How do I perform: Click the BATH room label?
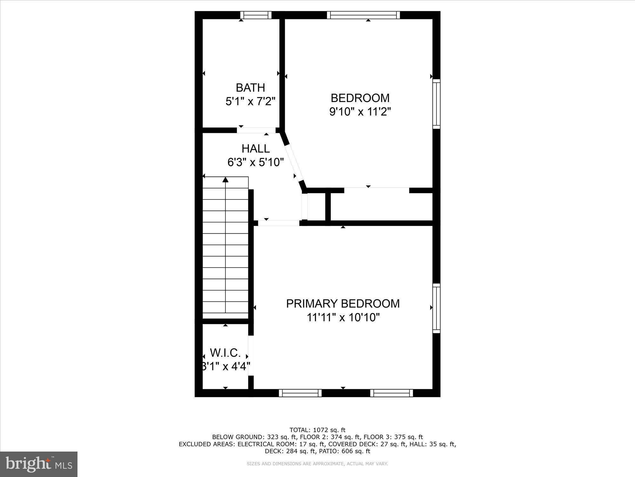click(x=250, y=87)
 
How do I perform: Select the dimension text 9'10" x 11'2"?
click(x=360, y=112)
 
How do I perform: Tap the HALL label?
click(x=256, y=149)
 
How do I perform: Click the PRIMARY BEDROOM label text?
click(x=343, y=304)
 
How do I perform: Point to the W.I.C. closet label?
click(x=225, y=353)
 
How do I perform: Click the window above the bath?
click(x=256, y=15)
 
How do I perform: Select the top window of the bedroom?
click(x=363, y=15)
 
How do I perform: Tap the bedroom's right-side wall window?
click(x=437, y=104)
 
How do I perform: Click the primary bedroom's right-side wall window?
click(x=437, y=308)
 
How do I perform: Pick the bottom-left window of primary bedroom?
click(x=300, y=393)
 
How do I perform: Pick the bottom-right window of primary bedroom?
click(x=391, y=393)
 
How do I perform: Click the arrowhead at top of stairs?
click(x=225, y=180)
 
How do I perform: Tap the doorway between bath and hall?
click(x=256, y=130)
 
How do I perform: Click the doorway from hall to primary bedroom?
click(x=278, y=223)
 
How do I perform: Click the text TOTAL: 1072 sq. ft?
click(x=317, y=430)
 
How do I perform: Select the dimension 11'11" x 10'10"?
click(x=343, y=317)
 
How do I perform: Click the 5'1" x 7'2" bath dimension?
click(x=250, y=101)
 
